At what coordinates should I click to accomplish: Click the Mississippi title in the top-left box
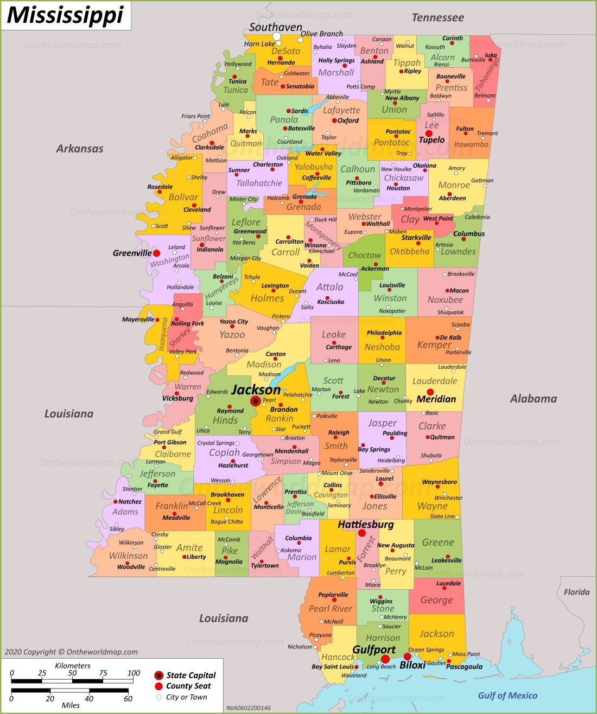click(65, 15)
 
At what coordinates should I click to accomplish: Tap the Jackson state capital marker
click(255, 401)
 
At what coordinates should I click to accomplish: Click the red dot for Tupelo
click(429, 133)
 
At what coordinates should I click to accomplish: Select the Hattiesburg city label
click(365, 525)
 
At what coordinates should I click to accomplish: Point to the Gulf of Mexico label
click(507, 696)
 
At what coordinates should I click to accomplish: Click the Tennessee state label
click(437, 17)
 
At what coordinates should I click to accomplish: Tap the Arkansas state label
click(80, 149)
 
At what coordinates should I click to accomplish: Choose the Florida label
click(576, 592)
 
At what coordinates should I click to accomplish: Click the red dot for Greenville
click(156, 253)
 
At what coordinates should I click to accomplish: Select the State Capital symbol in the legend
click(158, 675)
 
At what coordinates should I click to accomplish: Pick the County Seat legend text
click(188, 686)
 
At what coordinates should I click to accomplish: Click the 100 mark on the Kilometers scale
click(134, 673)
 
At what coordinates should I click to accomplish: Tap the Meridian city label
click(436, 399)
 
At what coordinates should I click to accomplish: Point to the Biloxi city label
click(412, 665)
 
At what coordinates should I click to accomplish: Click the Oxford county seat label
click(348, 120)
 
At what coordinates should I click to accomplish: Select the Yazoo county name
click(232, 335)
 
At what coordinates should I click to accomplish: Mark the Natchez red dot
click(115, 502)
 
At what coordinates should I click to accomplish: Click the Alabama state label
click(534, 399)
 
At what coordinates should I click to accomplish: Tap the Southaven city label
click(276, 27)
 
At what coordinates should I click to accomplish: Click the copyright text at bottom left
click(71, 652)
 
